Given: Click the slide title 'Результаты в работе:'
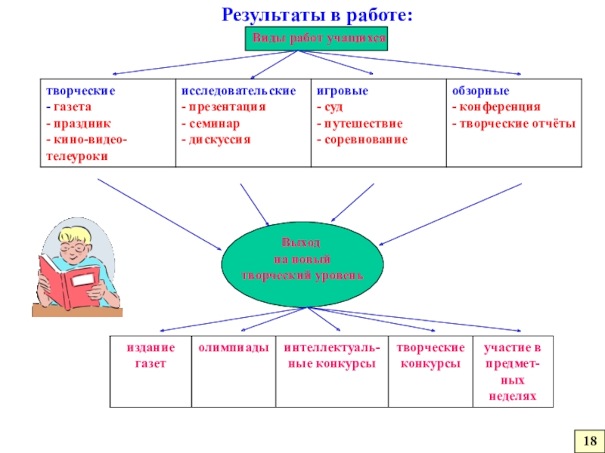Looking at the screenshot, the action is pos(318,14).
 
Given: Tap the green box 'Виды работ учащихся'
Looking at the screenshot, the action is pos(316,39).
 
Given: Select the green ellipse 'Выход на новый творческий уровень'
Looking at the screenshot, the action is pos(302,260).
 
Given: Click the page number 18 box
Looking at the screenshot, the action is pos(590,439).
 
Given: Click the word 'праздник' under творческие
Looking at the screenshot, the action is pos(78,123).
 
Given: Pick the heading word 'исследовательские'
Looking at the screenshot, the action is pos(238,90).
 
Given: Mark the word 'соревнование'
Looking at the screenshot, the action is pos(365,140).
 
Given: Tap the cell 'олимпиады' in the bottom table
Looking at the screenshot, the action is pos(233,348).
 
